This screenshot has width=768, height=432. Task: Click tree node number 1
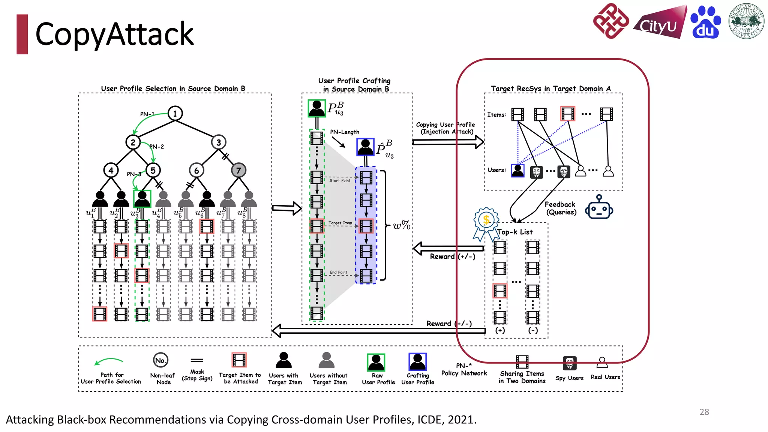[175, 113]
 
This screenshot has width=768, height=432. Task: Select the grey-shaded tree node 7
[238, 170]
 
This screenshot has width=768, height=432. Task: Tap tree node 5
[153, 170]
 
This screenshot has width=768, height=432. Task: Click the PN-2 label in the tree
[157, 147]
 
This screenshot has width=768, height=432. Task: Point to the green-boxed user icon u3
[142, 198]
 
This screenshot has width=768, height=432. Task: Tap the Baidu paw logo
[705, 22]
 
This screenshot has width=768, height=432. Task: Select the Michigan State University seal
[746, 21]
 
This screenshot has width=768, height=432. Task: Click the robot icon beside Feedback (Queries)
[599, 207]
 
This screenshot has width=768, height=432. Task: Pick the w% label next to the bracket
[401, 225]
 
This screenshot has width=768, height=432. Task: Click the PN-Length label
[345, 132]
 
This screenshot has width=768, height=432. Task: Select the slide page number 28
[704, 412]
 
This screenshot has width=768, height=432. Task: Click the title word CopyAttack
[114, 34]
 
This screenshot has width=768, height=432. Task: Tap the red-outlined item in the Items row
[568, 114]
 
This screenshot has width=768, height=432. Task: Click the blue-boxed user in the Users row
[517, 171]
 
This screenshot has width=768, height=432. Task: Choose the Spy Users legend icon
[569, 363]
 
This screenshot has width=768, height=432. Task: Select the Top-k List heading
[515, 232]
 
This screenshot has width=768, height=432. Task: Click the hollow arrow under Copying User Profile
[448, 142]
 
